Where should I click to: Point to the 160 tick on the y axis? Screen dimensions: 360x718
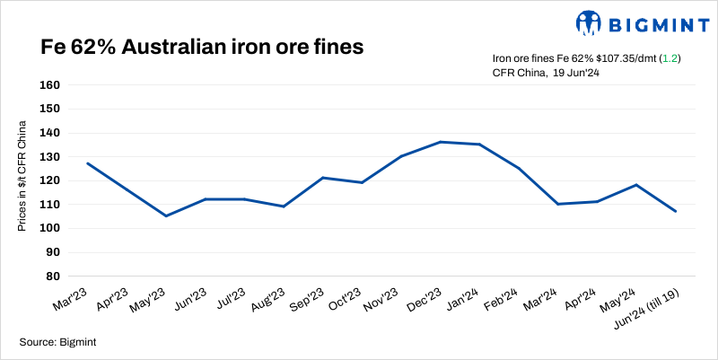48,85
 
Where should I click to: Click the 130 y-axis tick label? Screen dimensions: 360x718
48,156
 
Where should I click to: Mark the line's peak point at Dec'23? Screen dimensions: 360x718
441,142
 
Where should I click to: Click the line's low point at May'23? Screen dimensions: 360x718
166,215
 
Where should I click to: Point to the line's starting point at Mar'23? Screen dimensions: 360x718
87,163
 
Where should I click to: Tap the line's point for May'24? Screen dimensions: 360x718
636,185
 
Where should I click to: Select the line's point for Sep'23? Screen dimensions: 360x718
323,178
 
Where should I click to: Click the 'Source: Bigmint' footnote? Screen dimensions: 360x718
58,342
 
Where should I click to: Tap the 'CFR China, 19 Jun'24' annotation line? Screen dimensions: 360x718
546,73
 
